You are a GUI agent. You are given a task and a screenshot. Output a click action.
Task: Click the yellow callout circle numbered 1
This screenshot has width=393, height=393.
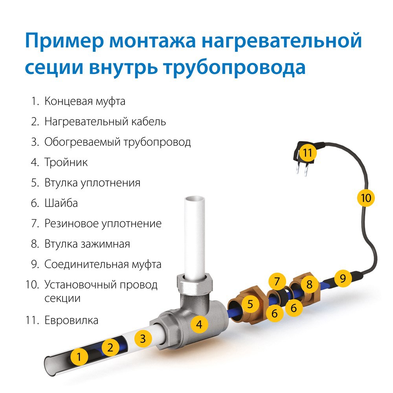(80, 357)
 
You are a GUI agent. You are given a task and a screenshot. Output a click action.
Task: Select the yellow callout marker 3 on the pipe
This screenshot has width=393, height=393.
(143, 338)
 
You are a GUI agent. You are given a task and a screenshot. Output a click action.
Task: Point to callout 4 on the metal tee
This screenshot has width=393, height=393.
(200, 325)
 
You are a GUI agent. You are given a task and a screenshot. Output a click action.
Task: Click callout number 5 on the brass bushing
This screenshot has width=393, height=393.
(250, 303)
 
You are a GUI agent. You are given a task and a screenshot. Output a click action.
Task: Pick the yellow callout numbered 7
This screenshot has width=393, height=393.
(277, 282)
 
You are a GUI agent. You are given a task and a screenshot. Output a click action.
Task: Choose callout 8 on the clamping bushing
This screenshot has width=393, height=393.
(310, 284)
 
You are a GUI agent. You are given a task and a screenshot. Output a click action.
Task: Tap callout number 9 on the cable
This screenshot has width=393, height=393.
(343, 279)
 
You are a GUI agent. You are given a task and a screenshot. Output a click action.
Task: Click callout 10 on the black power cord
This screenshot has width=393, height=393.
(366, 198)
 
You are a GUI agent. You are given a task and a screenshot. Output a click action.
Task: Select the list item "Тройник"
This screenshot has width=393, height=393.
(66, 162)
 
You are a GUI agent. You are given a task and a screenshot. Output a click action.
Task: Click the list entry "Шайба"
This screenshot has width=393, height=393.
(61, 203)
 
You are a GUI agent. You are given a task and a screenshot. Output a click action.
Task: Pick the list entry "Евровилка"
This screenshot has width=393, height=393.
(71, 320)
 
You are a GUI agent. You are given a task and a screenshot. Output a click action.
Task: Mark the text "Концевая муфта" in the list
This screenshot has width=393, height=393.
(84, 101)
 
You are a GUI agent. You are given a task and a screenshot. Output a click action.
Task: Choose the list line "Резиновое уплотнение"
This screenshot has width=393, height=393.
(103, 224)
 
